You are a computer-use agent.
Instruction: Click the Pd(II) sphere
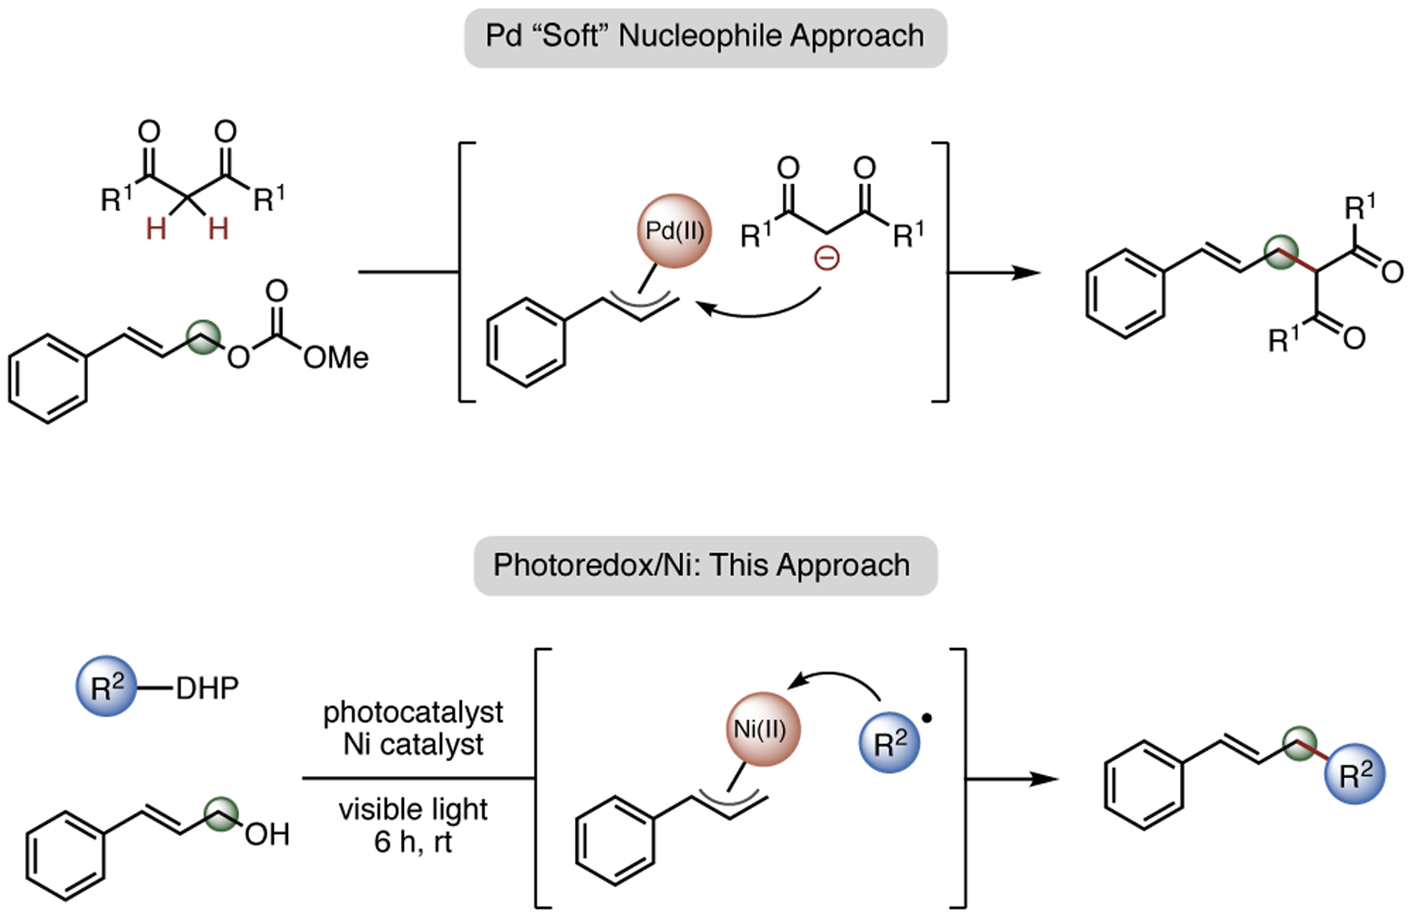(674, 231)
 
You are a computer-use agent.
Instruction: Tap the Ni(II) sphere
(762, 729)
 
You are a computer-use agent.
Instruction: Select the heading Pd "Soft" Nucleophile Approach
(705, 37)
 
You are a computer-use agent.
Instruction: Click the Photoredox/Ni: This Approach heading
(705, 566)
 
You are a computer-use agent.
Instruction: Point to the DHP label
(207, 688)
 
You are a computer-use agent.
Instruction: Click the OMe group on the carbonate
(337, 358)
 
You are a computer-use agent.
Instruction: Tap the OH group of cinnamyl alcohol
(267, 834)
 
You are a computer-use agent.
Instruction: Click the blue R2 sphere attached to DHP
(107, 687)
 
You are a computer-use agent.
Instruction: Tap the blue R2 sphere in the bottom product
(1354, 774)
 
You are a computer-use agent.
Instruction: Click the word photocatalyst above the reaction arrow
(413, 712)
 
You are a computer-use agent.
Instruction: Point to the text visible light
(413, 809)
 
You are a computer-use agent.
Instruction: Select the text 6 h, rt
(413, 842)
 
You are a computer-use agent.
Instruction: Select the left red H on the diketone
(156, 229)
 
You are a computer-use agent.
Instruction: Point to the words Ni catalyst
(413, 744)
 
